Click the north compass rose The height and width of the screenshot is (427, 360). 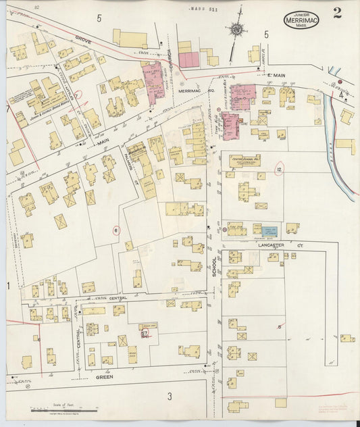pyautogui.click(x=237, y=29)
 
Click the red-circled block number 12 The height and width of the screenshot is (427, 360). pyautogui.click(x=279, y=169)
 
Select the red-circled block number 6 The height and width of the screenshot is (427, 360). pyautogui.click(x=116, y=230)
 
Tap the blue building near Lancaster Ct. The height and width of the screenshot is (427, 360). pyautogui.click(x=269, y=231)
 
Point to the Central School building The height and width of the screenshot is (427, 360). pyautogui.click(x=245, y=162)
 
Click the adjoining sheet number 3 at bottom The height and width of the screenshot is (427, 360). pyautogui.click(x=170, y=395)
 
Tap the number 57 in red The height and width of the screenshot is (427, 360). pyautogui.click(x=145, y=333)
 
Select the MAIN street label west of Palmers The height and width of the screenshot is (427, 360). pyautogui.click(x=103, y=143)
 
